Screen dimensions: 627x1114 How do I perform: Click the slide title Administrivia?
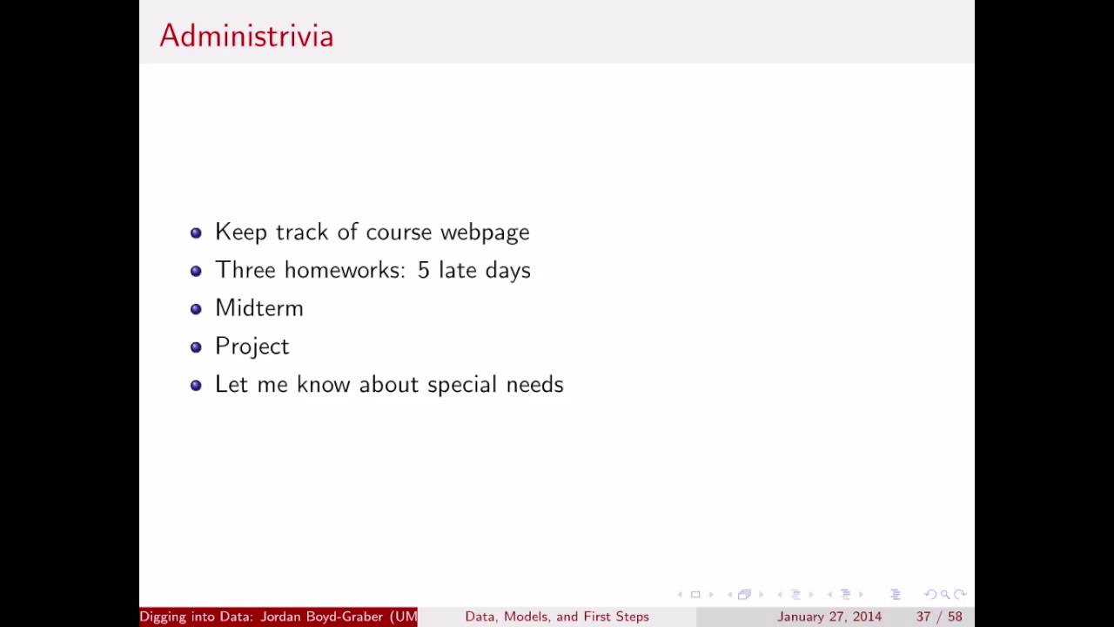pyautogui.click(x=246, y=36)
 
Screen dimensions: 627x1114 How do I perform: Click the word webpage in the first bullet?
pyautogui.click(x=485, y=233)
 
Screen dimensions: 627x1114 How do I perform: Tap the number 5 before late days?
pyautogui.click(x=423, y=270)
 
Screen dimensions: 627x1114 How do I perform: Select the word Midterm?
pyautogui.click(x=259, y=308)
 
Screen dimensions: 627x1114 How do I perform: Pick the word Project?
pyautogui.click(x=252, y=347)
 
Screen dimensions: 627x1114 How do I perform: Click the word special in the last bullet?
pyautogui.click(x=461, y=385)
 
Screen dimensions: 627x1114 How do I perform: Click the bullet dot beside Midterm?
pyautogui.click(x=196, y=309)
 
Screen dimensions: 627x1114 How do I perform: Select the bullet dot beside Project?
pyautogui.click(x=196, y=347)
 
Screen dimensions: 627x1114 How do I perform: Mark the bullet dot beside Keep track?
pyautogui.click(x=196, y=233)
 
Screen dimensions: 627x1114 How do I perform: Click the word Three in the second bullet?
pyautogui.click(x=245, y=270)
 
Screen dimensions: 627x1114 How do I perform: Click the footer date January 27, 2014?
pyautogui.click(x=829, y=617)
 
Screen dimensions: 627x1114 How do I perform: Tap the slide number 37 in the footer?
pyautogui.click(x=923, y=617)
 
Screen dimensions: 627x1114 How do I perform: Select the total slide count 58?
pyautogui.click(x=955, y=617)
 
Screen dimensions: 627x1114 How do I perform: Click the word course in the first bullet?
pyautogui.click(x=399, y=233)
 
